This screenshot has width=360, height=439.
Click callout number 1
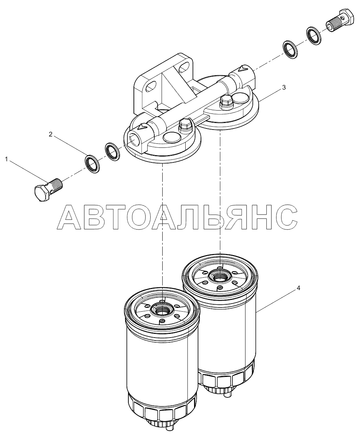tap(7, 159)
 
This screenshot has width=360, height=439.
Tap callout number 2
tap(50, 134)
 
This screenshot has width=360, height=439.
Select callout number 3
tap(284, 88)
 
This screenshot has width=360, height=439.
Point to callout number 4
tap(298, 288)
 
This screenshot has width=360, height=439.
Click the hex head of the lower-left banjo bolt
tap(42, 192)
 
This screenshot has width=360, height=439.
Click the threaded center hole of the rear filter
tap(219, 277)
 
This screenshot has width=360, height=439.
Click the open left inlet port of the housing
tap(133, 138)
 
